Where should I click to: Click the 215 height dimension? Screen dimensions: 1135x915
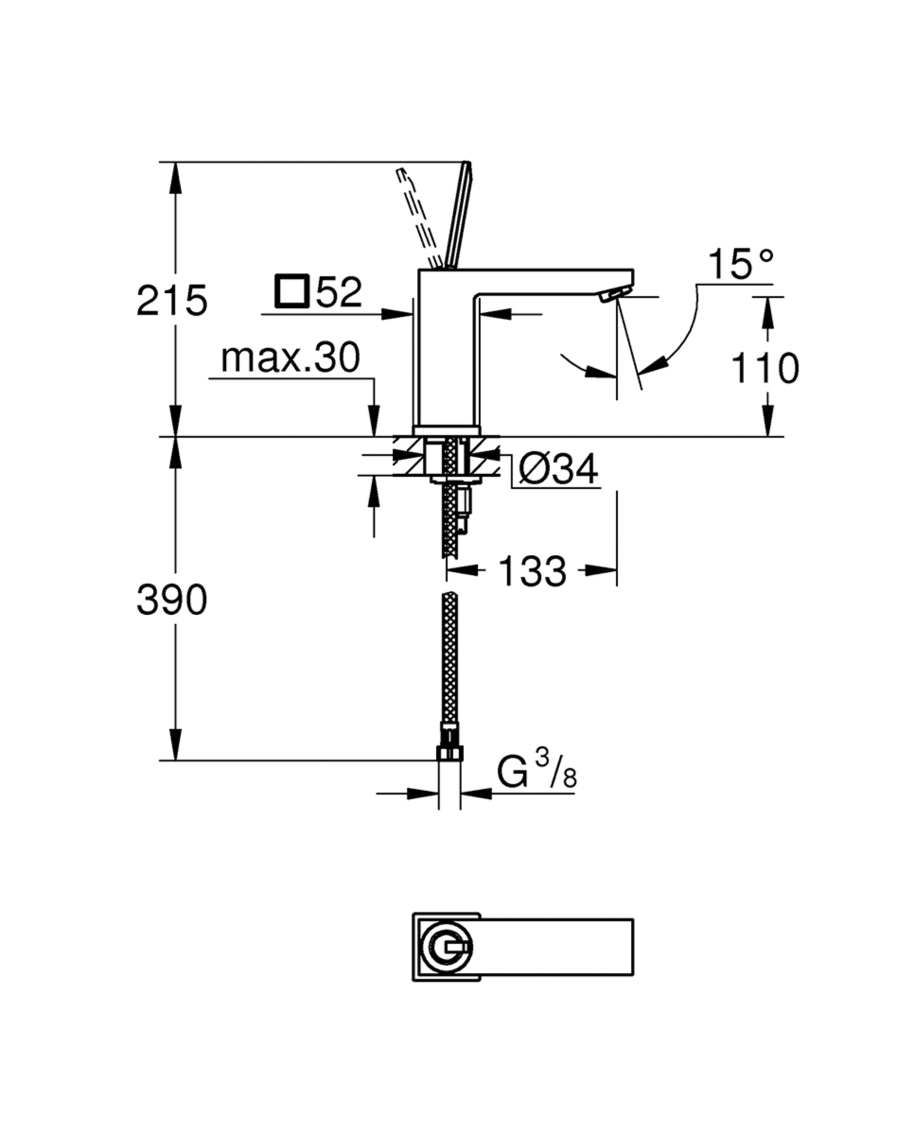172,301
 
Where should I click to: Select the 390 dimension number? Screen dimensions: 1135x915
172,600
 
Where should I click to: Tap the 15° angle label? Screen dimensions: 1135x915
740,264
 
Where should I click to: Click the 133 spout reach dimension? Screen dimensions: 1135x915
532,571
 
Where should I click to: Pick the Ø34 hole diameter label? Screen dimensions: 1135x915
558,469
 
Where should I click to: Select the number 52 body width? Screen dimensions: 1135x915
339,292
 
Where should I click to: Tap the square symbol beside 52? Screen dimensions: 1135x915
291,290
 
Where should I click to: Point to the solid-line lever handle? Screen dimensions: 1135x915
459,216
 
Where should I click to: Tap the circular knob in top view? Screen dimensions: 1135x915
447,948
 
